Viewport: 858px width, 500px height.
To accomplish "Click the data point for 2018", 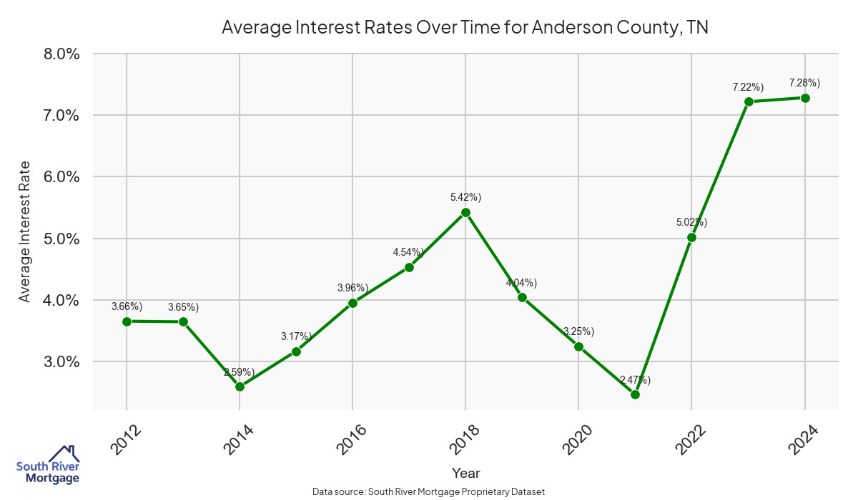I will (x=465, y=212).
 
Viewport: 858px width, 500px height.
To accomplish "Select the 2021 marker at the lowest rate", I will (x=635, y=394).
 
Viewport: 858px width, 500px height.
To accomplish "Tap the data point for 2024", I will (x=805, y=98).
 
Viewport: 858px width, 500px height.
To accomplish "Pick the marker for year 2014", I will (x=240, y=387).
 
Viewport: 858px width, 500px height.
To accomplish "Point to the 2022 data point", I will (x=691, y=237).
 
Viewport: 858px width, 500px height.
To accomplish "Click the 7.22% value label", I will (x=748, y=87).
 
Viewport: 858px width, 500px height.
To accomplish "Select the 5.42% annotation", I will (x=465, y=197).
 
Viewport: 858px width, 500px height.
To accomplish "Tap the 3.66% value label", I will (x=127, y=306).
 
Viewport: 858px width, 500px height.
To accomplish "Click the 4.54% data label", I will (x=408, y=252).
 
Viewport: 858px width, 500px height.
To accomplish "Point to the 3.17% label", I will (x=296, y=336).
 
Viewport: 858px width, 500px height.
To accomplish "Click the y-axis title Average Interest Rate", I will (x=25, y=232).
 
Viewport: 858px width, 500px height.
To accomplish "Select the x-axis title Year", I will (x=465, y=473).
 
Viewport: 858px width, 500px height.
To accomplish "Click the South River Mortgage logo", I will (x=48, y=466).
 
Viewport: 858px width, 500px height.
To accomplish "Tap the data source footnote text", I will (x=429, y=492).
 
